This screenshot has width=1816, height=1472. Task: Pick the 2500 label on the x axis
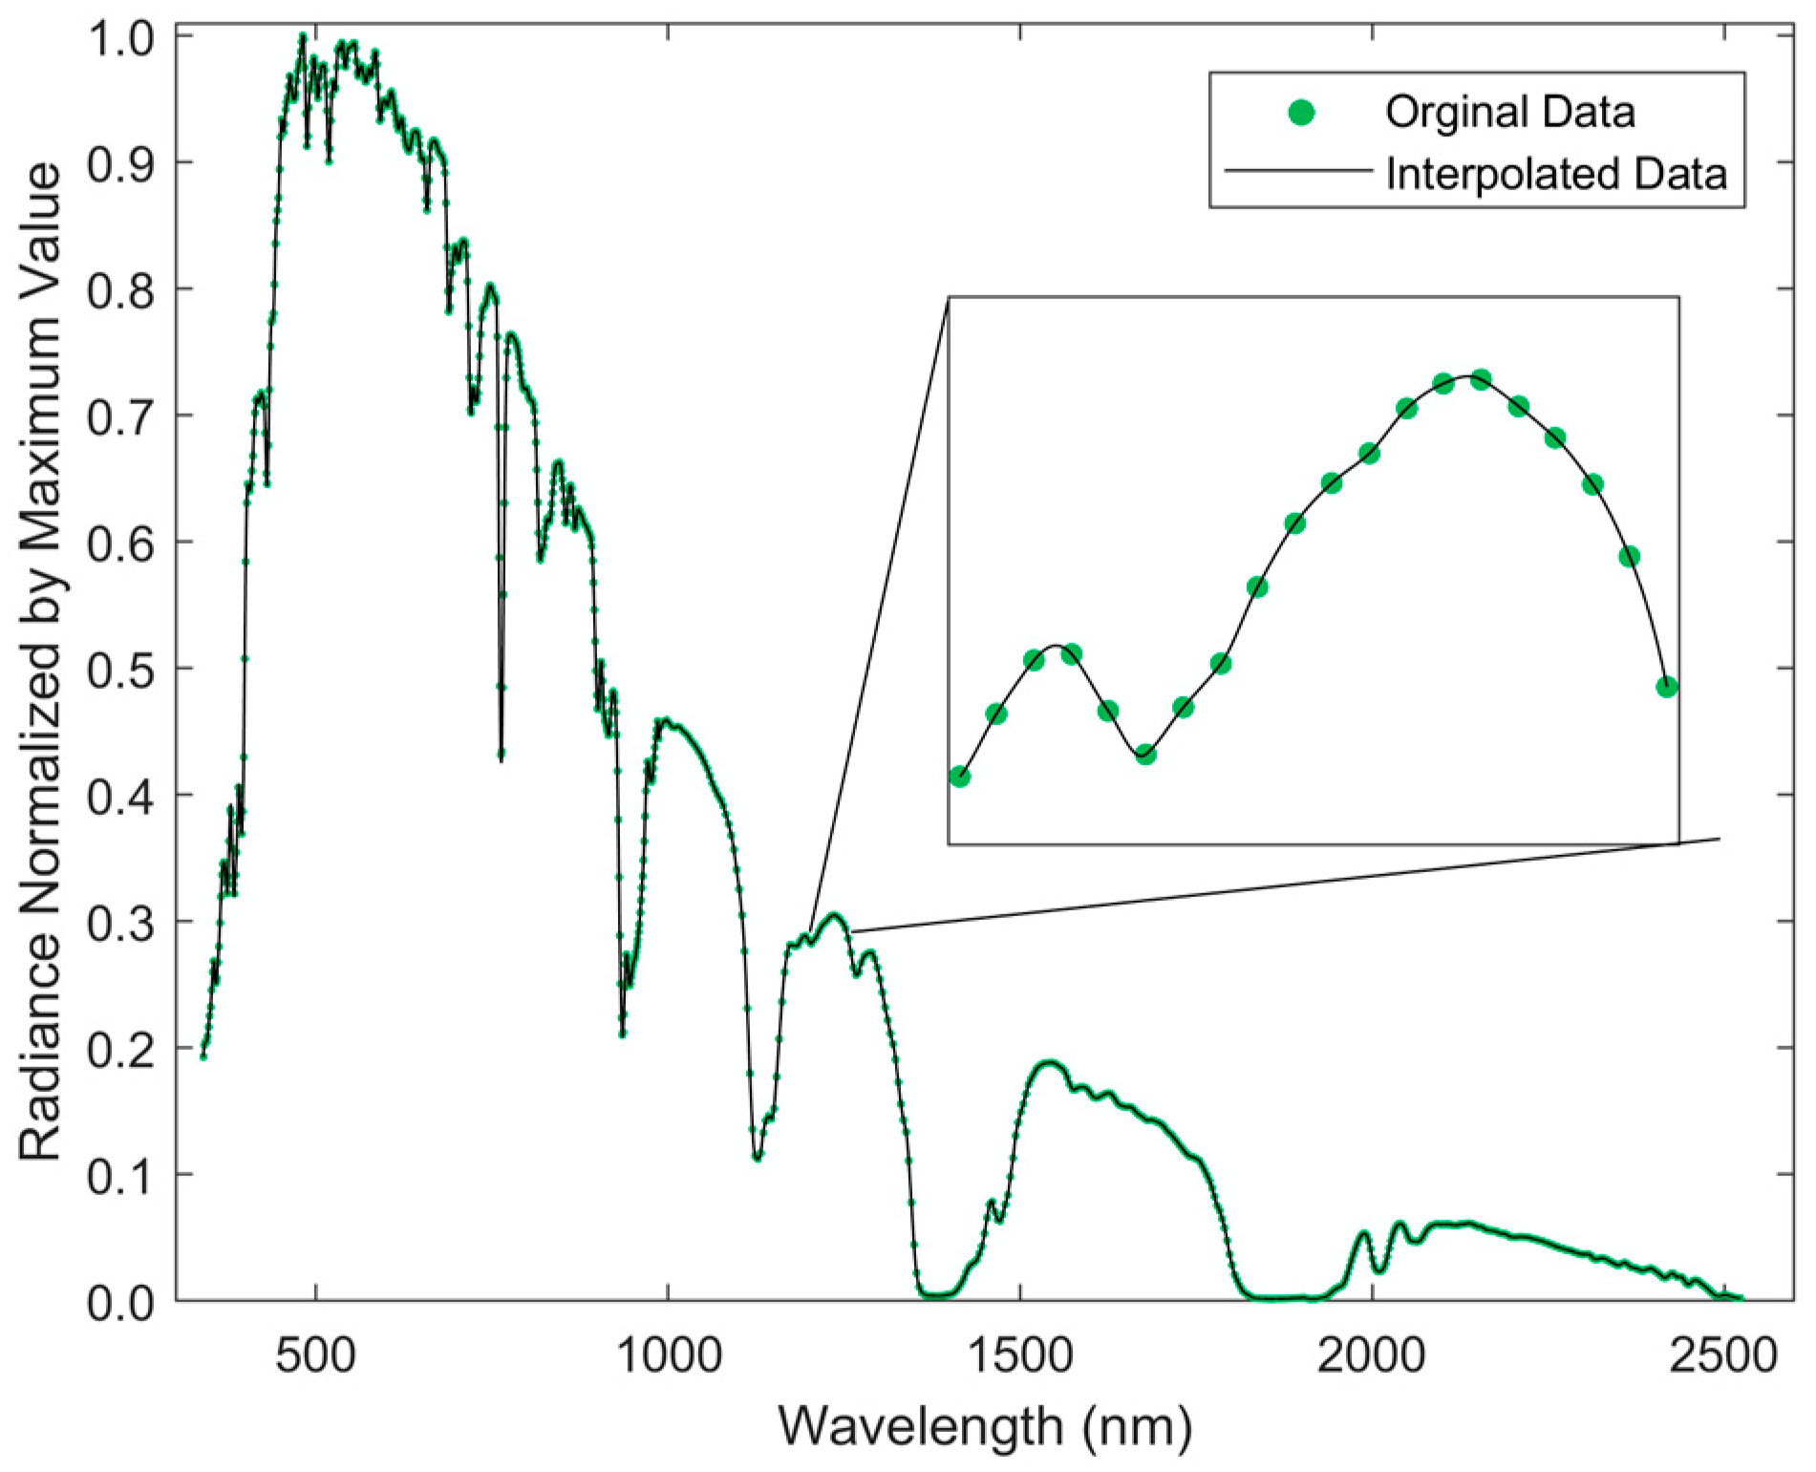1723,1356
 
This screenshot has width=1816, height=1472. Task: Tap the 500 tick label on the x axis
315,1356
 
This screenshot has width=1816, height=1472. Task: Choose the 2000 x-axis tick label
1372,1356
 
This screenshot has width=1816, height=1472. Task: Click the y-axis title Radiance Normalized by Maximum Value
40,661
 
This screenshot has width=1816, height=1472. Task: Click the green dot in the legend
1301,114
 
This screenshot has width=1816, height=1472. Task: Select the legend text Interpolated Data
1556,174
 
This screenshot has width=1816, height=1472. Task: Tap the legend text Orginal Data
1509,113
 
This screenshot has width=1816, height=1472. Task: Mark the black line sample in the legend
1298,172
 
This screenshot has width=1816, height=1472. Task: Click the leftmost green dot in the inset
959,777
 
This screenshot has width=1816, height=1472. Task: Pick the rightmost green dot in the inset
1667,687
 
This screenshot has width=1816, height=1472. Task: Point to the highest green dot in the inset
1481,379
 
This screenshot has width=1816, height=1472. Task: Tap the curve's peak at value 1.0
302,36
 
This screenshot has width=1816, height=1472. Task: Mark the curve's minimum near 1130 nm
757,1158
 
